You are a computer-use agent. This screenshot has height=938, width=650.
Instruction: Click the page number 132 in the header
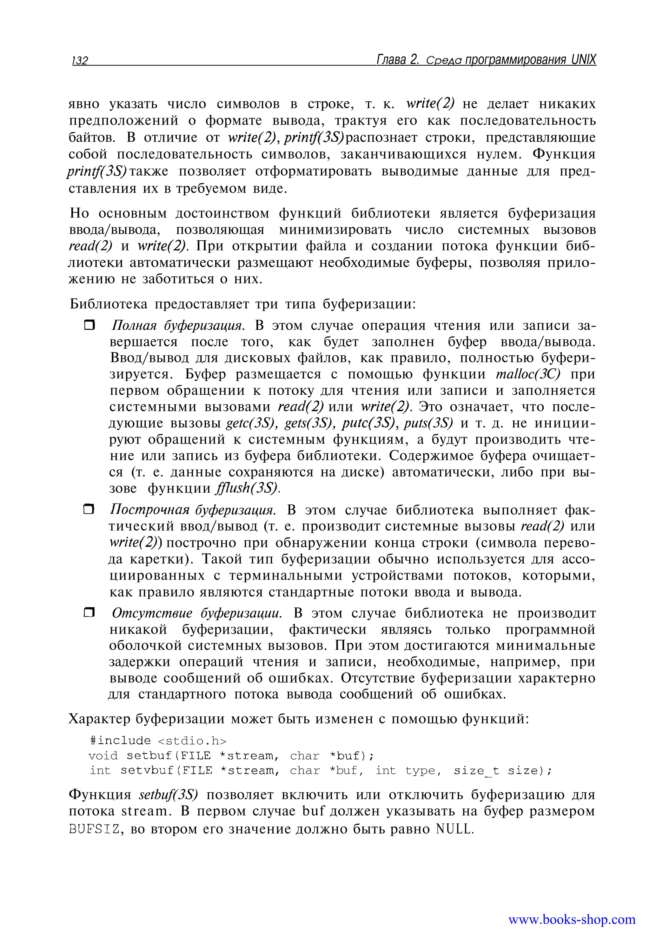pyautogui.click(x=80, y=61)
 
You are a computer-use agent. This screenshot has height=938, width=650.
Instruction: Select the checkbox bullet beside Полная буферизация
pyautogui.click(x=89, y=325)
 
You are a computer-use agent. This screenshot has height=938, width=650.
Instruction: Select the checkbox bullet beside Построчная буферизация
pyautogui.click(x=89, y=509)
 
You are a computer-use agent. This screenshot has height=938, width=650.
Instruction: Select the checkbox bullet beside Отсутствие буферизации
pyautogui.click(x=89, y=613)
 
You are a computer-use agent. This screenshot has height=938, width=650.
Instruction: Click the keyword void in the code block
pyautogui.click(x=103, y=756)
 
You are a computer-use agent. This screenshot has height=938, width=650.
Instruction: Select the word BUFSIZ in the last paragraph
pyautogui.click(x=95, y=829)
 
